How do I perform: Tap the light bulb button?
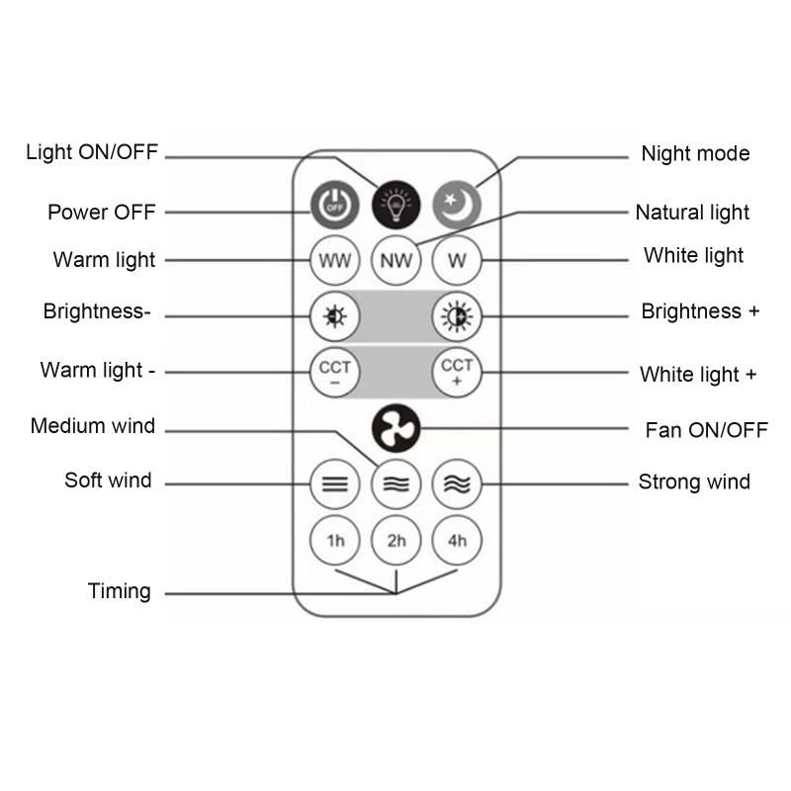[x=396, y=205]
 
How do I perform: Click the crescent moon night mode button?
[x=457, y=205]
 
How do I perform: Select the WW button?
[x=335, y=260]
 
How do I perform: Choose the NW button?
[x=396, y=260]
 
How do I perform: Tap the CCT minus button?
[x=335, y=373]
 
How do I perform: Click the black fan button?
[x=396, y=428]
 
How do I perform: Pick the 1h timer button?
[x=335, y=540]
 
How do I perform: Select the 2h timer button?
[x=396, y=540]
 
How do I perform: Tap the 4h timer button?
[x=457, y=540]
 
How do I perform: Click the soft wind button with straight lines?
[x=335, y=484]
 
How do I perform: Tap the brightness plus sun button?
[x=457, y=316]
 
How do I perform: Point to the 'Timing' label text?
[x=119, y=591]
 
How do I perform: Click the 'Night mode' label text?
[x=695, y=154]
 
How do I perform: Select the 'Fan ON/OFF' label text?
[x=706, y=430]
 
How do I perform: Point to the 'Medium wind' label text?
[x=93, y=426]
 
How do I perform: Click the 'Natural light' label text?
[x=692, y=213]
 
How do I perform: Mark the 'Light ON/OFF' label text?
[x=92, y=152]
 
